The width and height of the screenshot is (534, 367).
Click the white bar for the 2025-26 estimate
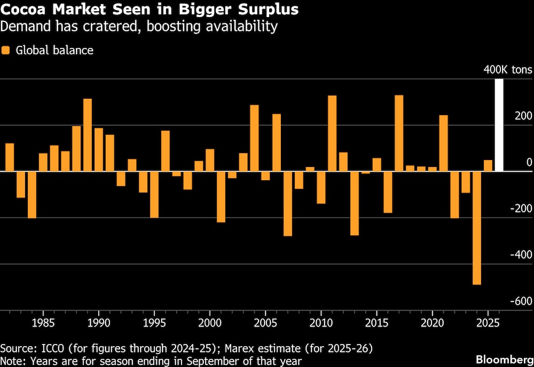point(499,125)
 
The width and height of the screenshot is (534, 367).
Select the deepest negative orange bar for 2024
point(477,228)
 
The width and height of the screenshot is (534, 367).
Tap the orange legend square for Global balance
point(6,51)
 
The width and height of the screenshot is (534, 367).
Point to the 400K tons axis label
point(508,70)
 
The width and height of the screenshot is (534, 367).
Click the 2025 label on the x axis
point(488,323)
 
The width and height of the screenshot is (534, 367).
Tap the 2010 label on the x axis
point(321,323)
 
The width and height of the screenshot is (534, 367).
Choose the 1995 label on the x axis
point(154,323)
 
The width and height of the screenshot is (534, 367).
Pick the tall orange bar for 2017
point(399,133)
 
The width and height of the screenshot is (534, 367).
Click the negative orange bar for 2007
point(288,203)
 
